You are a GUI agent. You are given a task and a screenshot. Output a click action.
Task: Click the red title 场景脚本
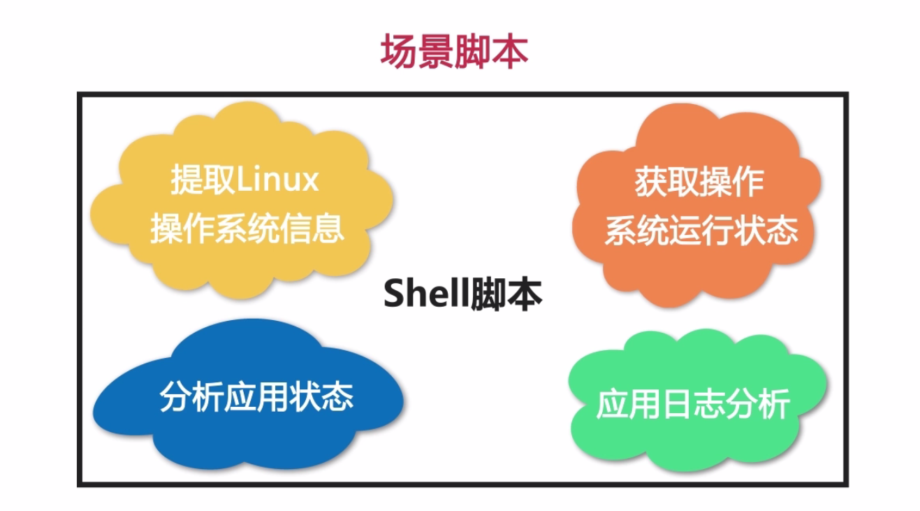pos(454,52)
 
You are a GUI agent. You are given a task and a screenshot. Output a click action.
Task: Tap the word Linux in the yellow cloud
pos(277,180)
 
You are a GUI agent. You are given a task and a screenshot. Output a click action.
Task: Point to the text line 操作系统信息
pos(247,228)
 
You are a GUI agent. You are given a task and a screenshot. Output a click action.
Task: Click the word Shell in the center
pos(426,293)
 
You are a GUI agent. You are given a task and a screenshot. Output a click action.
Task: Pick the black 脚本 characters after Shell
pos(506,294)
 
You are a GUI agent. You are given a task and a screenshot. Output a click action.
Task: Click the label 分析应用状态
pos(256,397)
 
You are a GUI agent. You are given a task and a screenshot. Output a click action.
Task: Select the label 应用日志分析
pos(693,405)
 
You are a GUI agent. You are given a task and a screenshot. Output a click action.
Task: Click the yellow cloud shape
pos(242,200)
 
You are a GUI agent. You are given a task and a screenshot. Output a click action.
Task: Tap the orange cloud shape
pos(696,206)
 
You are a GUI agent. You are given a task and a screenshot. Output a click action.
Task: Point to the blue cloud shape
pos(248,394)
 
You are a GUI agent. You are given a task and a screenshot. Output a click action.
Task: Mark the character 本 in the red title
pos(510,52)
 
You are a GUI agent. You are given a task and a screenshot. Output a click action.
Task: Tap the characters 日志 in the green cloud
pos(693,405)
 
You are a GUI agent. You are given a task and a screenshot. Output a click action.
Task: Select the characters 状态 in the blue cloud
pos(321,397)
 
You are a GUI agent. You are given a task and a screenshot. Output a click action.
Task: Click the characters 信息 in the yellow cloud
pos(312,228)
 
